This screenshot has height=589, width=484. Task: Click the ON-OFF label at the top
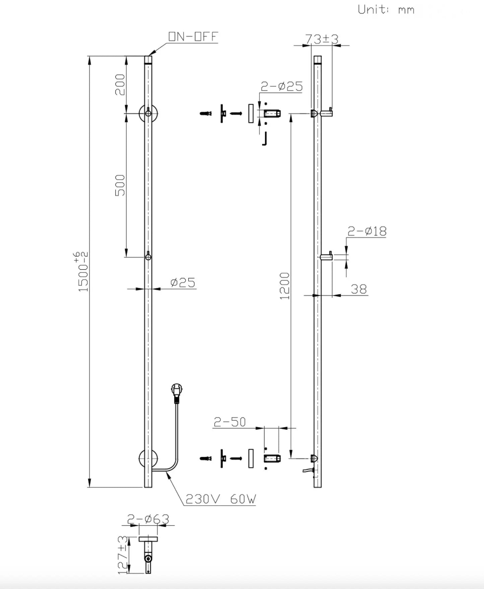(x=193, y=36)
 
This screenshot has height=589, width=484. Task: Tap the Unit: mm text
(x=386, y=9)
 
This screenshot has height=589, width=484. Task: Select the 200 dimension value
(x=120, y=85)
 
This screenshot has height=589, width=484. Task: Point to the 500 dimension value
(x=120, y=185)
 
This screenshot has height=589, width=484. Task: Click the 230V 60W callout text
(x=220, y=499)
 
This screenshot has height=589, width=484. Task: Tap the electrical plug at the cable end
(x=177, y=393)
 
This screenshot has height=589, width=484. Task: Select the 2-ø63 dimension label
(x=148, y=519)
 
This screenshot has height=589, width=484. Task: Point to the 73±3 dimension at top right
(x=322, y=39)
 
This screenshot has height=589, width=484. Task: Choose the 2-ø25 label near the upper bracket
(x=281, y=87)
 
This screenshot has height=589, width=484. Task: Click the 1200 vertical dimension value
(x=284, y=286)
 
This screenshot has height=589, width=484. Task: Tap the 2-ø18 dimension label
(x=367, y=231)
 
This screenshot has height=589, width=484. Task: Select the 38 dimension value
(x=359, y=289)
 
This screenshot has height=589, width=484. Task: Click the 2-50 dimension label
(x=230, y=422)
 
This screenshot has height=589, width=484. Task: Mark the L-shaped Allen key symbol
(x=264, y=139)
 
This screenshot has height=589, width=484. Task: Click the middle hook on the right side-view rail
(x=326, y=257)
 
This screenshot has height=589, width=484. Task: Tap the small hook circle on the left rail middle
(x=148, y=257)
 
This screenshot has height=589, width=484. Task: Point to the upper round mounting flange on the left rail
(x=148, y=114)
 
